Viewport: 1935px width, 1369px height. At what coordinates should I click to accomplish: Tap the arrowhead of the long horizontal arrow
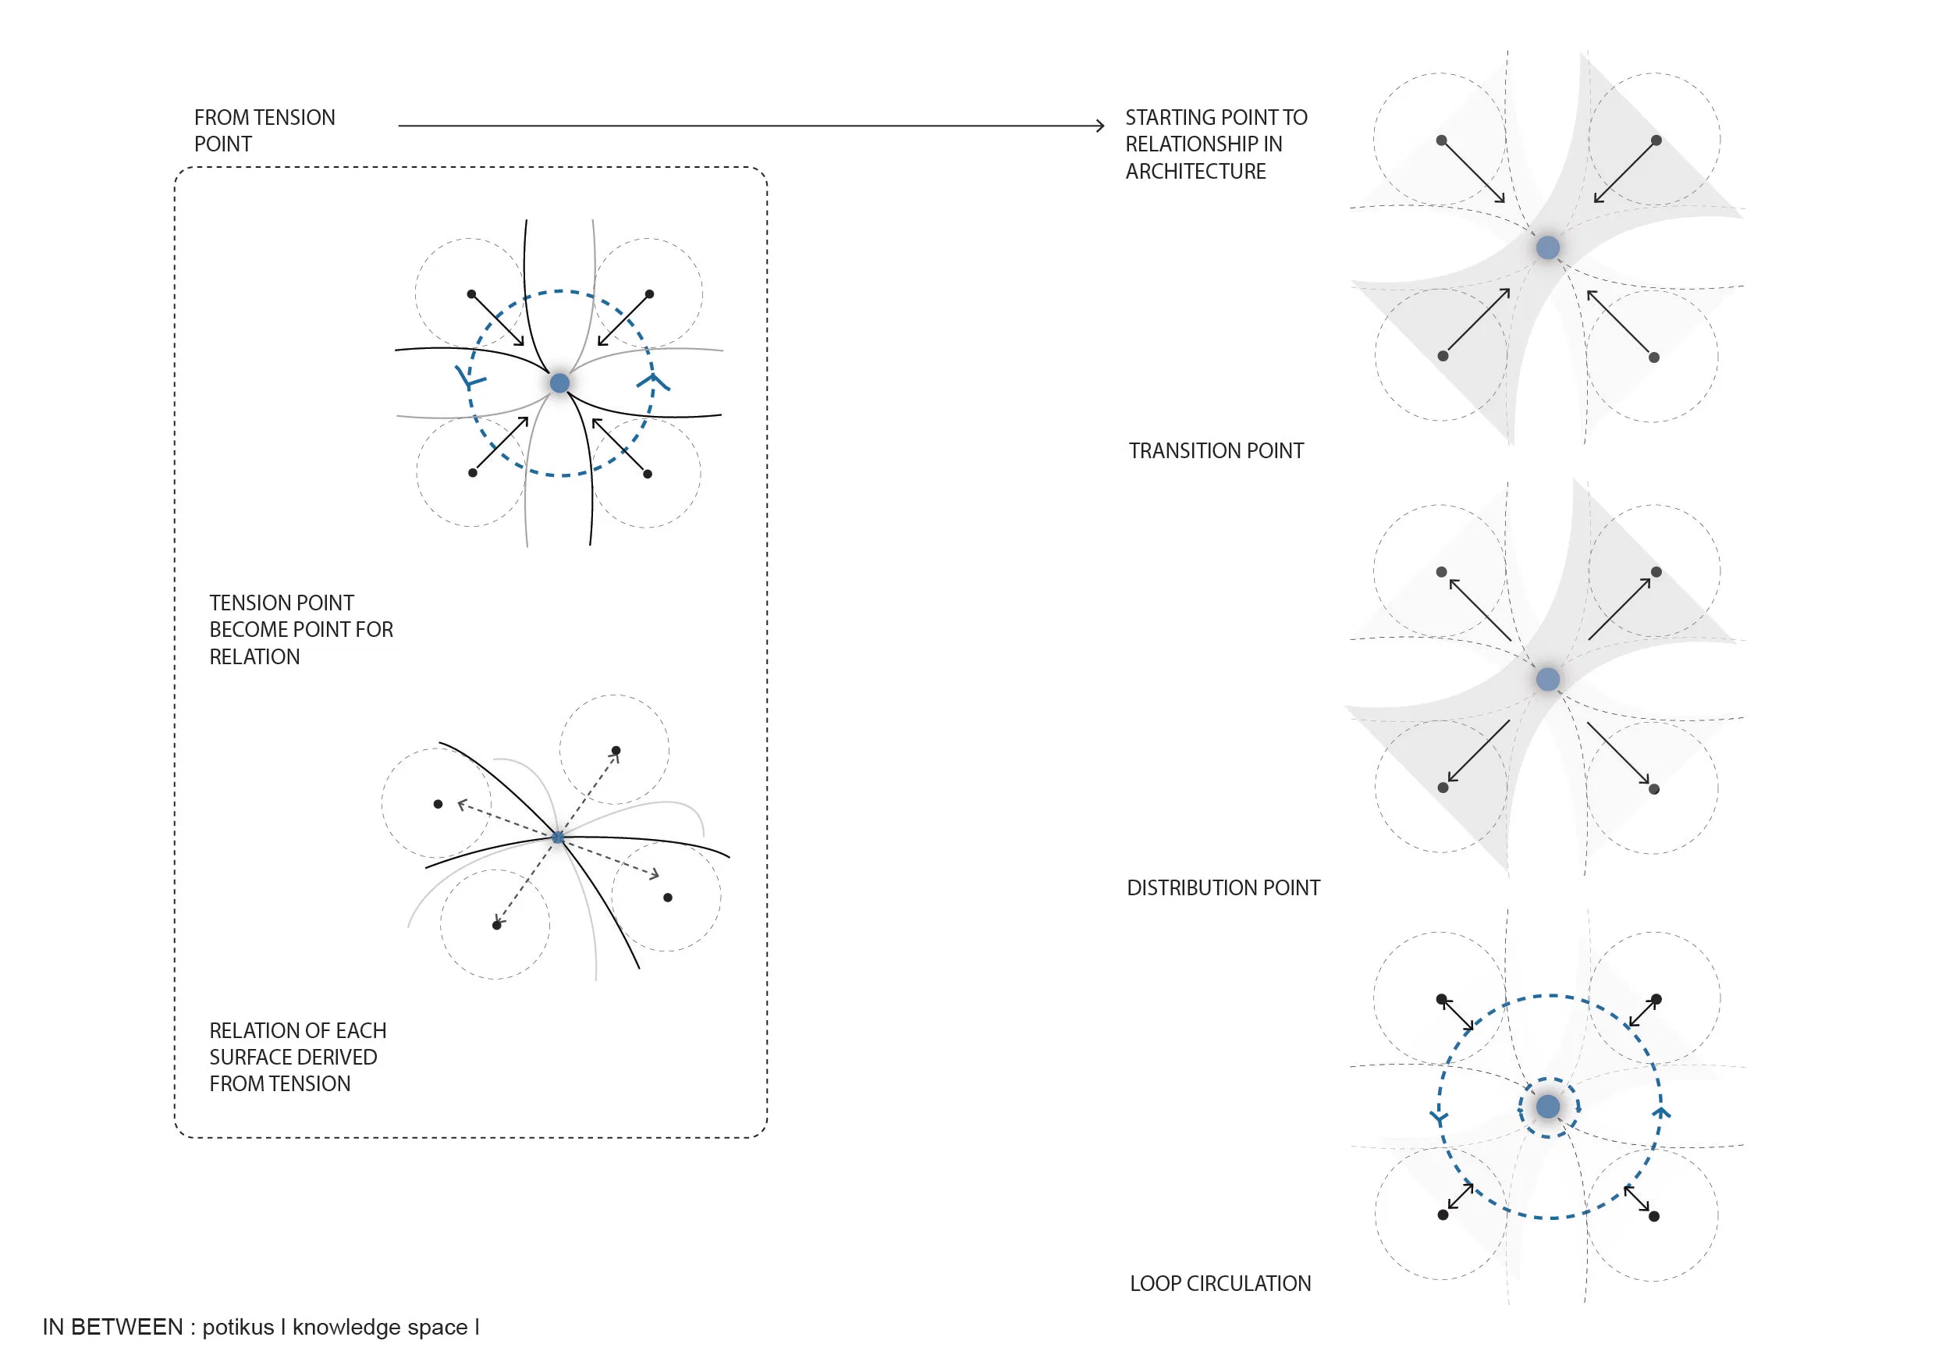1100,126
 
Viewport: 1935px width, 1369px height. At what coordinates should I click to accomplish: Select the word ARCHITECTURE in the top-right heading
1195,171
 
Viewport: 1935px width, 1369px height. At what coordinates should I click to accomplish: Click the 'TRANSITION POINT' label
1216,451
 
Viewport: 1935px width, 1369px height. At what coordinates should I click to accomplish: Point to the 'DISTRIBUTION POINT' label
1223,887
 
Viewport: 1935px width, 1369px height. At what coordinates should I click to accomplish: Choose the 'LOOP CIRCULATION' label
1220,1283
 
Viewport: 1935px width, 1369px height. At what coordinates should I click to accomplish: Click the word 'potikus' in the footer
238,1327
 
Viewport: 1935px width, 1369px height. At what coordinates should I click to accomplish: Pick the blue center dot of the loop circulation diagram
1547,1106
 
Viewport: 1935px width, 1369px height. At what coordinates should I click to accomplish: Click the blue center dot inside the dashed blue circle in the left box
559,383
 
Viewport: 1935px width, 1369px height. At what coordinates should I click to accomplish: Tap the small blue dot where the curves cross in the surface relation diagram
558,837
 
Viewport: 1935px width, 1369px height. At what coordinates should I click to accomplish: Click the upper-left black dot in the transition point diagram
1441,140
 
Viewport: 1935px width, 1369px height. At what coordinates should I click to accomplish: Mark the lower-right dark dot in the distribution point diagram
1653,789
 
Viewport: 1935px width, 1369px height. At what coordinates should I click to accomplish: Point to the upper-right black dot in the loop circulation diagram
1655,999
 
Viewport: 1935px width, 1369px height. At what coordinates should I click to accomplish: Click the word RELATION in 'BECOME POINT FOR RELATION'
254,656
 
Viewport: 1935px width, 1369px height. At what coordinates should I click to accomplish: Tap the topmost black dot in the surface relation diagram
616,750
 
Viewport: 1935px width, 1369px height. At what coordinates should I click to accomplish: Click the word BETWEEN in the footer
126,1327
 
